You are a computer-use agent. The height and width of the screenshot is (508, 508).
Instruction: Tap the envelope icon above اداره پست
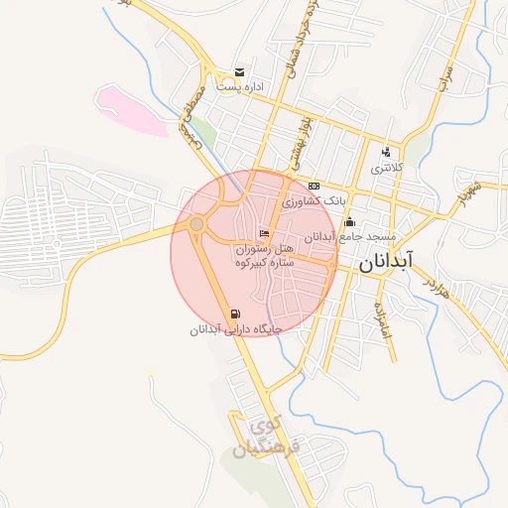239,71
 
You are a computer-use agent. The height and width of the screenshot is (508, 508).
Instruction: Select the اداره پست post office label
242,87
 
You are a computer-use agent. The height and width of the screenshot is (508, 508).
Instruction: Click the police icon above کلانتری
386,152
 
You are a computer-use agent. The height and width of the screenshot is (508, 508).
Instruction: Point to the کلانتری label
388,169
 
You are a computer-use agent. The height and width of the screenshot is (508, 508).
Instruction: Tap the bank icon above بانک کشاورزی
315,186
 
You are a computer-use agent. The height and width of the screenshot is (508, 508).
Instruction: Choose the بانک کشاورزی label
315,200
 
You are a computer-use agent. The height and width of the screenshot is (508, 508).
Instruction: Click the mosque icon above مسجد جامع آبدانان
348,221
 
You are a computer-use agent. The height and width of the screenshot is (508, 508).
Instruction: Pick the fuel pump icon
233,314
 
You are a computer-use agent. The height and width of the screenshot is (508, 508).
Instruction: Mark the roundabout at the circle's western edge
196,226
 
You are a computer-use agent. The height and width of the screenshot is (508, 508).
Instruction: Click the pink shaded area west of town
133,110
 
